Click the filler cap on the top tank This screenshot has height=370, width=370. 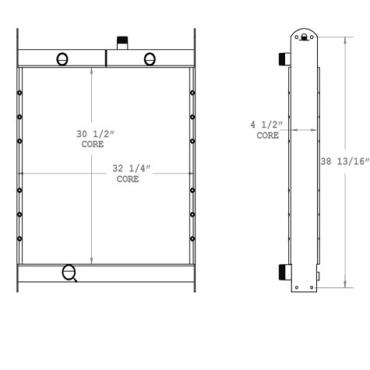(122, 41)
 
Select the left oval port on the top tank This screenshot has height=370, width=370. (62, 59)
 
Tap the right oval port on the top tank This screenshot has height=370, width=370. (149, 59)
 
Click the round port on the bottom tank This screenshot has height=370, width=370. (69, 271)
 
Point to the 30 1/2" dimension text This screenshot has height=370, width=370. (93, 136)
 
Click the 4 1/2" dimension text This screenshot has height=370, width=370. (267, 125)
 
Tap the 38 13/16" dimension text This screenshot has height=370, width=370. (345, 163)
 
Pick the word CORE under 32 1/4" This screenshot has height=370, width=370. (127, 179)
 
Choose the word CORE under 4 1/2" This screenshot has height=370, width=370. (267, 135)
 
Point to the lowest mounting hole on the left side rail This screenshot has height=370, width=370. (19, 236)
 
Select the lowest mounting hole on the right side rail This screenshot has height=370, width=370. (192, 236)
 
